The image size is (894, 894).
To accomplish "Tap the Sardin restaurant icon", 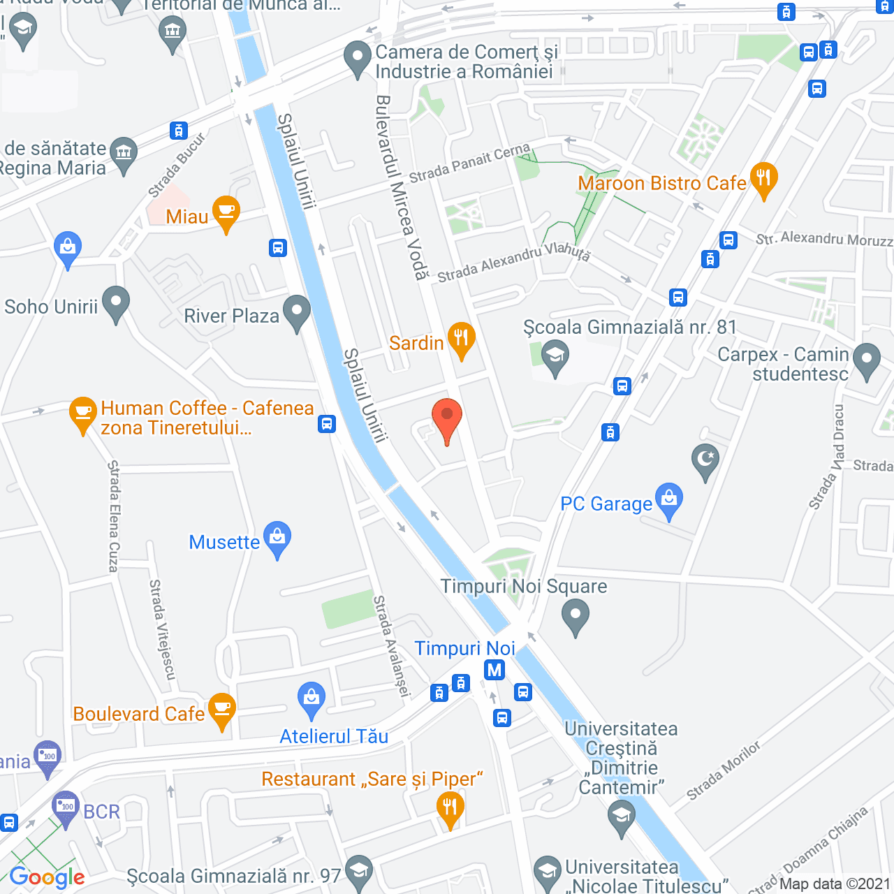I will tap(461, 339).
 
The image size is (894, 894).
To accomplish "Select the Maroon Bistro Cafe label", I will tap(661, 183).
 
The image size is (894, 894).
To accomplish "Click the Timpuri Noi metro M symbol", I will tap(494, 670).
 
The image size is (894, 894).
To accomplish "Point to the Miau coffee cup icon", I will tap(226, 212).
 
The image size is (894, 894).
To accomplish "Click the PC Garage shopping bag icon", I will tap(669, 499).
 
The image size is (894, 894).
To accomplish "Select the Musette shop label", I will tap(224, 542).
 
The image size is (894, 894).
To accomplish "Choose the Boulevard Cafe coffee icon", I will tap(222, 709).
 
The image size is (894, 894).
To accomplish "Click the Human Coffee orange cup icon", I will tap(82, 413).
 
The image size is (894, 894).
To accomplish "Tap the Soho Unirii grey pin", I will tap(116, 302).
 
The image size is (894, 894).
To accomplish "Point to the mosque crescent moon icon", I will tap(705, 460).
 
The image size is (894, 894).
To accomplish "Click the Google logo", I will tap(47, 877).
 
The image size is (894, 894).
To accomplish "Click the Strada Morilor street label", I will tap(723, 770).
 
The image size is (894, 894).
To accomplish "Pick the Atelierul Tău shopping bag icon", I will tap(312, 698).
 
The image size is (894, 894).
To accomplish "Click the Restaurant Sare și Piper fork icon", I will tap(450, 808).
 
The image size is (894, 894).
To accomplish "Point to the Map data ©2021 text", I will tap(835, 884).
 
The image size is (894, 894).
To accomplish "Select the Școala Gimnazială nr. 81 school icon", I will tap(555, 356).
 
